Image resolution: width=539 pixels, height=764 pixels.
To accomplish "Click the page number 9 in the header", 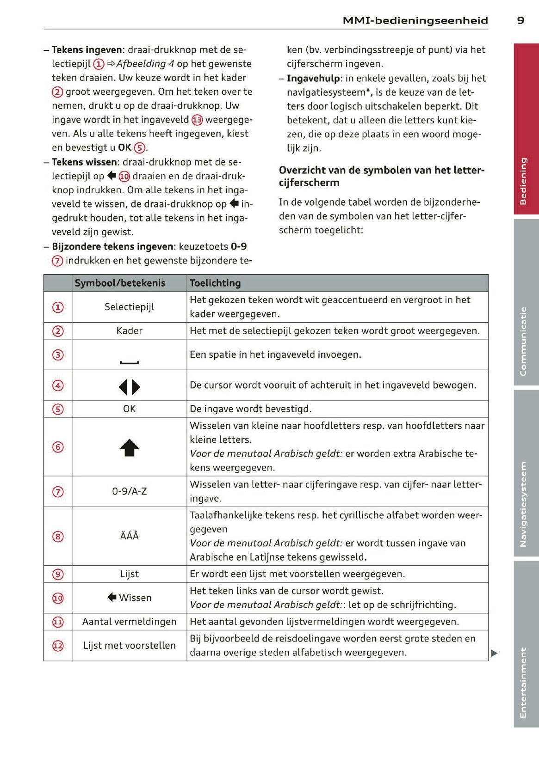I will pyautogui.click(x=520, y=20).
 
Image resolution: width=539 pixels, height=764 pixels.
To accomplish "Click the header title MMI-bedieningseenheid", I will pyautogui.click(x=415, y=20).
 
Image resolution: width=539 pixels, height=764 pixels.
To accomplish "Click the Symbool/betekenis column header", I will pyautogui.click(x=120, y=283).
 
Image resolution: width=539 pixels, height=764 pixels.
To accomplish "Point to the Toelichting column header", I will pyautogui.click(x=215, y=283).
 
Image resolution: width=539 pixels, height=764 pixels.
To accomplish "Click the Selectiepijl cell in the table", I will pyautogui.click(x=130, y=307).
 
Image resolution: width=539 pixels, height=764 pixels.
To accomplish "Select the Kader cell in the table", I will pyautogui.click(x=130, y=331).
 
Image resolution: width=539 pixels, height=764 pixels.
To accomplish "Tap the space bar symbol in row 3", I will pyautogui.click(x=130, y=362).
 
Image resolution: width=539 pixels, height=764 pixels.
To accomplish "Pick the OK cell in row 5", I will pyautogui.click(x=130, y=409).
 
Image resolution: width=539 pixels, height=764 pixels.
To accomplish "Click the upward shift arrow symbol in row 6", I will pyautogui.click(x=130, y=447).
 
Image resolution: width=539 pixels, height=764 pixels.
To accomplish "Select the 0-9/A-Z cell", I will pyautogui.click(x=130, y=491).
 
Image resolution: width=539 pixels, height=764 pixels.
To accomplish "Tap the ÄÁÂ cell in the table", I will pyautogui.click(x=130, y=536).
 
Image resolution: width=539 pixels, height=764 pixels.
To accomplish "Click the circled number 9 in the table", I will pyautogui.click(x=58, y=575).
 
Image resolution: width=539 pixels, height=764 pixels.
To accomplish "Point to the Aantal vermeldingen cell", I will pyautogui.click(x=130, y=622).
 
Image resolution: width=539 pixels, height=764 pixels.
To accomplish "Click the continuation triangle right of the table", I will pyautogui.click(x=494, y=653).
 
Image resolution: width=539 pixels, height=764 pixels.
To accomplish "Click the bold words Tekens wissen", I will pyautogui.click(x=85, y=162).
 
